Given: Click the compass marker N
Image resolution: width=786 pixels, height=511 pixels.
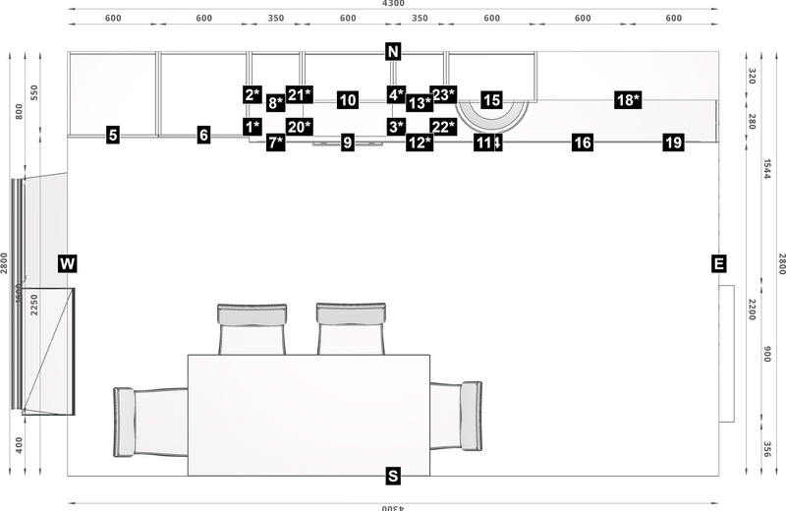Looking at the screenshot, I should pos(393,52).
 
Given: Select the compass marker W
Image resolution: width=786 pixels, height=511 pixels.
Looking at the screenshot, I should pos(67,263).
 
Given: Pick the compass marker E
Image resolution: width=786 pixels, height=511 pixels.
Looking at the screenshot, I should pos(719,263).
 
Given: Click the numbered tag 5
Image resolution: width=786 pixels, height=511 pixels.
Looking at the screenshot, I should pos(114,136).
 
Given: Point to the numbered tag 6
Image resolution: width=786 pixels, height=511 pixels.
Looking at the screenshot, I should pos(203,136).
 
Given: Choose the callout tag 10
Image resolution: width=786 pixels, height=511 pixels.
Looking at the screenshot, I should pos(347,99).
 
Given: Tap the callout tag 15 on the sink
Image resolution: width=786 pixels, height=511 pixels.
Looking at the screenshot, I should pos(492,99).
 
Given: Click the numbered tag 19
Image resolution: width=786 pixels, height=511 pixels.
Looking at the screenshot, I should pos(673,143).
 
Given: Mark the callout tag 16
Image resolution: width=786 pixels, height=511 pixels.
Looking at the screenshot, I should pos(583,143).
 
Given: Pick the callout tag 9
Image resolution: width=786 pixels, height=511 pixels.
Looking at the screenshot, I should pos(347,143).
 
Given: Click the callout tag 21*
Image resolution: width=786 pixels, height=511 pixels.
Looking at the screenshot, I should pos(300,94).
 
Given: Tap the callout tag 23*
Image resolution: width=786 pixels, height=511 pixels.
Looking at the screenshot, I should pos(444,94).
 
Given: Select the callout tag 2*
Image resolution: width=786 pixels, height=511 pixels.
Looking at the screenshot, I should pos(253,94).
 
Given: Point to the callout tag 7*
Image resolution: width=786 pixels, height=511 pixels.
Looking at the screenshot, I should pos(276,143).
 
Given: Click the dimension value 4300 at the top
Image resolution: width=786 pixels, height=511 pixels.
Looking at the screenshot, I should pos(393,5).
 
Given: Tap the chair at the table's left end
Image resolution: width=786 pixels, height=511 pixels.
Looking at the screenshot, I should pos(147,421).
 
